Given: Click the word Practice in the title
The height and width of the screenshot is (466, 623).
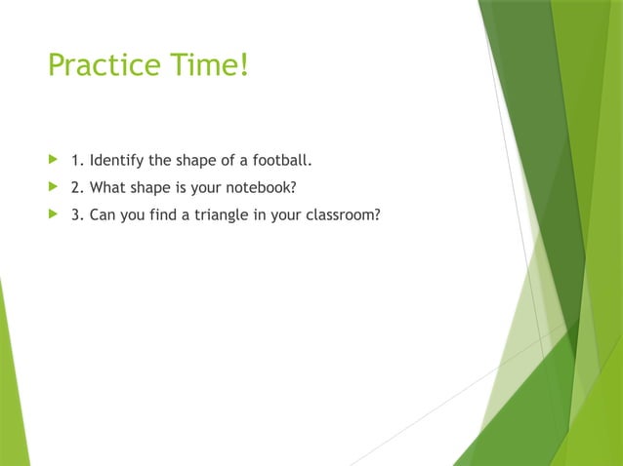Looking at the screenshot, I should tap(103, 66).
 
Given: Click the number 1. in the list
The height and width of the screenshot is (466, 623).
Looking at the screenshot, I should tap(77, 158).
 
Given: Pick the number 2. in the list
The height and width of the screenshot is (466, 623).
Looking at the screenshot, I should tap(77, 186).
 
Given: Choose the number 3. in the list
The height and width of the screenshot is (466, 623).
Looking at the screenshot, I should tap(77, 214).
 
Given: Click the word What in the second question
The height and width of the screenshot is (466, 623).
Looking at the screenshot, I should tap(107, 186).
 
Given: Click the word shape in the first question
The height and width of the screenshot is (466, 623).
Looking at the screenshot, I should tap(195, 158).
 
